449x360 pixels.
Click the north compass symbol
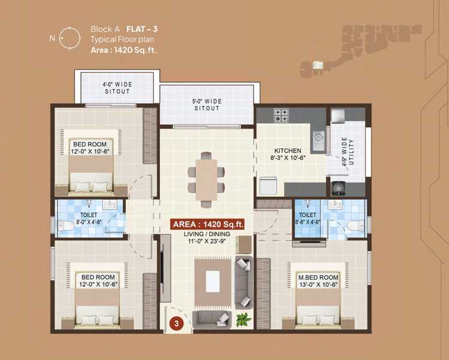(x=70, y=38)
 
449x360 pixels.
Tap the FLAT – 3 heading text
(x=142, y=29)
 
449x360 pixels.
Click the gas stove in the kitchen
(x=281, y=115)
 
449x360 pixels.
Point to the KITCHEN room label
(x=288, y=151)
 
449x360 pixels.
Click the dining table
(x=206, y=180)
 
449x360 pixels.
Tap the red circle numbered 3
(x=176, y=323)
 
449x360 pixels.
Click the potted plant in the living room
(x=243, y=319)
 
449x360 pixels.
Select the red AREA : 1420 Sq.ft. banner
(x=207, y=224)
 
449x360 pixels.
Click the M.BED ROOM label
(x=318, y=277)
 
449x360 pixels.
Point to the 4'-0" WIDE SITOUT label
(x=117, y=88)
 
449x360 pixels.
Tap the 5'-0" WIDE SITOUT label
(x=207, y=105)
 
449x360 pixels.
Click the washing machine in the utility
(x=338, y=188)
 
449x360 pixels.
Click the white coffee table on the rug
(x=213, y=281)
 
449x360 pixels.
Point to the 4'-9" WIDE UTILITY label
(x=348, y=152)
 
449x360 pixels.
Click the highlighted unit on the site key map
(x=318, y=65)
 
